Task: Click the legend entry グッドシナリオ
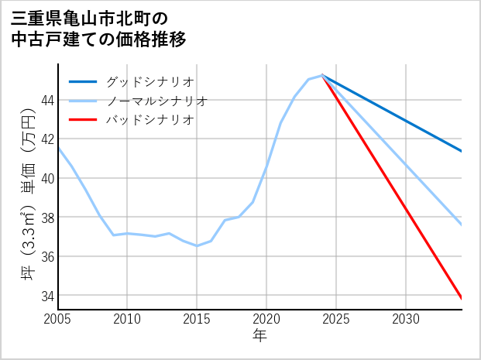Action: coord(150,81)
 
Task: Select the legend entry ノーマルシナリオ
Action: coord(157,101)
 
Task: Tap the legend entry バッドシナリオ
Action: coord(150,120)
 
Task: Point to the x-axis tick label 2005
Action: coord(57,319)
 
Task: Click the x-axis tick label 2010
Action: coord(127,319)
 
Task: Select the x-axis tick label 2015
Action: coord(197,319)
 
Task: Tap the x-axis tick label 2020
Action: coord(266,319)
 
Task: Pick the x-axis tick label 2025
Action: coord(336,319)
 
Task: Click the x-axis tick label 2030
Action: coord(406,319)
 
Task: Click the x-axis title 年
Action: coord(259,336)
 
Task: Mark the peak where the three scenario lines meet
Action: coord(322,75)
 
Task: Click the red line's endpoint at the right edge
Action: coord(462,298)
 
